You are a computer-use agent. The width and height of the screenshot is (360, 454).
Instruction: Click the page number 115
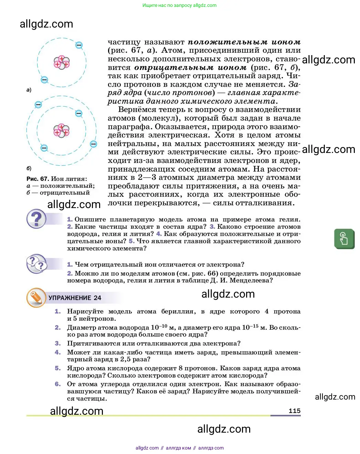(294, 411)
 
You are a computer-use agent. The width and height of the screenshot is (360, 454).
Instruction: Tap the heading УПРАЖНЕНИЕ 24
(75, 298)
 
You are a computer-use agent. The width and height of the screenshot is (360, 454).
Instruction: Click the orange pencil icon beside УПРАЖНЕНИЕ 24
(36, 298)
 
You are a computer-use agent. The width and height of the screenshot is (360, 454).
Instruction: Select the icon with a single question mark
(36, 219)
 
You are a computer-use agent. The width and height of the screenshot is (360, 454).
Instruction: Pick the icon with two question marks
(36, 264)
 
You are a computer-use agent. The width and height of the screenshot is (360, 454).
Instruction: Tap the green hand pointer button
(344, 238)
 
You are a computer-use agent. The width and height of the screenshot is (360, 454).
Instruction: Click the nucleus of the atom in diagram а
(62, 62)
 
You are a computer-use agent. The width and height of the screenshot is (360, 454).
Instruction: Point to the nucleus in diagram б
(62, 131)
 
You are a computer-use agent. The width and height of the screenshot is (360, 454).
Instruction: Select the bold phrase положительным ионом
(244, 42)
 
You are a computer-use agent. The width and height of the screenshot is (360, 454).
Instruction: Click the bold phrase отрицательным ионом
(190, 68)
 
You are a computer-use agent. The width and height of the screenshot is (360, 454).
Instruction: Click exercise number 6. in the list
(58, 384)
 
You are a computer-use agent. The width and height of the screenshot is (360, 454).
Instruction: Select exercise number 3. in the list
(58, 343)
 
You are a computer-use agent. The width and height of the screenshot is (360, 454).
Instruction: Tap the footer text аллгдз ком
(178, 448)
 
